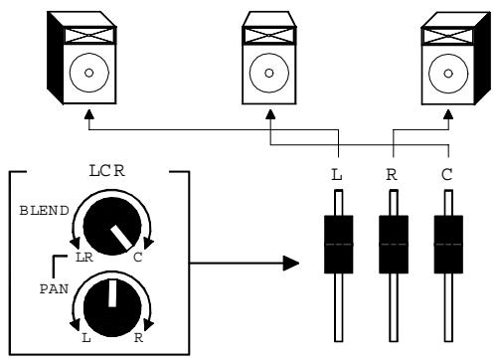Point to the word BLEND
[43, 211]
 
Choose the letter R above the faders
[394, 176]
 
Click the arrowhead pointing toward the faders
[290, 264]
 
